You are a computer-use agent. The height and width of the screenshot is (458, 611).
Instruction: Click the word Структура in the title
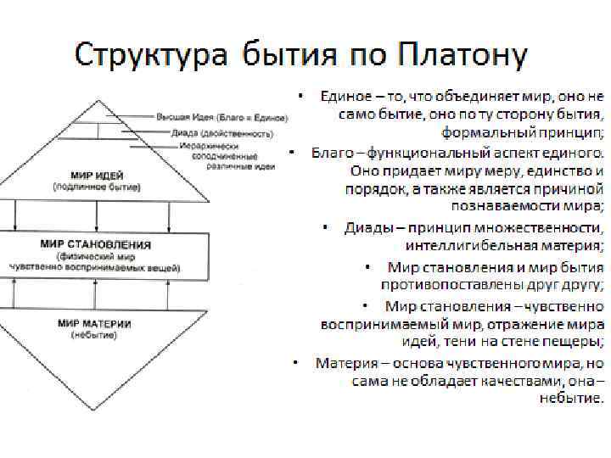[x=150, y=56]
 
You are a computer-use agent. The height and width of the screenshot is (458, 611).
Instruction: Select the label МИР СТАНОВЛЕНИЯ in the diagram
[x=96, y=244]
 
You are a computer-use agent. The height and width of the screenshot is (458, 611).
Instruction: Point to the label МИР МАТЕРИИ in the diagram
[x=95, y=323]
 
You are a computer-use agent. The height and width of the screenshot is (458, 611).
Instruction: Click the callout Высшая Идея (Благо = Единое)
[x=222, y=116]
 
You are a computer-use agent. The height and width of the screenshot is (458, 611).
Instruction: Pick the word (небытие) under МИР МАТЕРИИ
[x=95, y=335]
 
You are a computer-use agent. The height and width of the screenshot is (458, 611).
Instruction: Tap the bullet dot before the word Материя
[x=293, y=363]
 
